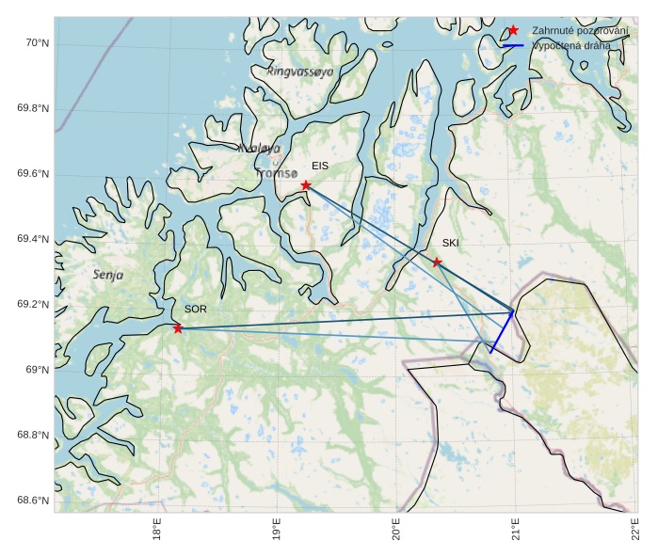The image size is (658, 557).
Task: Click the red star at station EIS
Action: click(x=306, y=185)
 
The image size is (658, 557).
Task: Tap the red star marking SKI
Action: click(x=437, y=262)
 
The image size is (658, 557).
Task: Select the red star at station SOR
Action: click(x=178, y=328)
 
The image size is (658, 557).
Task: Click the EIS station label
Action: click(x=320, y=166)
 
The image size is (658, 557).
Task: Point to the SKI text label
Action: click(x=450, y=243)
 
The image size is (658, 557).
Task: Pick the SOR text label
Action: click(x=195, y=309)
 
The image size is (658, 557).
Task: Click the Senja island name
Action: click(x=108, y=275)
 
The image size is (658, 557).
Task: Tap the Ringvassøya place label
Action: click(x=299, y=72)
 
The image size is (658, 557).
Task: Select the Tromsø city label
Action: click(x=277, y=173)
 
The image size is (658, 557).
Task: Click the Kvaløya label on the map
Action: click(x=259, y=149)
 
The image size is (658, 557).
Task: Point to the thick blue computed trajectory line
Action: click(x=503, y=331)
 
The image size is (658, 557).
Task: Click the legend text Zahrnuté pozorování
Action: click(x=580, y=31)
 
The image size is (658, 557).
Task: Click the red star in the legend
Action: click(x=513, y=31)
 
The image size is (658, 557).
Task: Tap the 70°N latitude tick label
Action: click(x=37, y=43)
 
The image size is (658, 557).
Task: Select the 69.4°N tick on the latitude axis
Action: click(x=33, y=239)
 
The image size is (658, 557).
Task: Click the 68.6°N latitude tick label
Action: click(x=33, y=500)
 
